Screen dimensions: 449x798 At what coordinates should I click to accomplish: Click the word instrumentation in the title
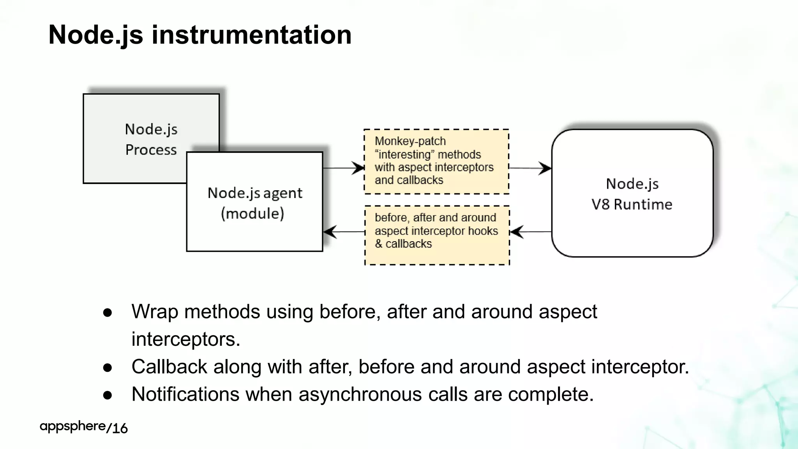tap(251, 35)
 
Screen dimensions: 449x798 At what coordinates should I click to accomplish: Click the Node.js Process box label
tap(151, 140)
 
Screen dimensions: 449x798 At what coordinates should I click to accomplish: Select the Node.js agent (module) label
tap(254, 203)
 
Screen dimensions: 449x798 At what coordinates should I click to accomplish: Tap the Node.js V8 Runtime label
tap(632, 194)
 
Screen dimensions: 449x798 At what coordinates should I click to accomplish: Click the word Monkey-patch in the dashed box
tap(410, 141)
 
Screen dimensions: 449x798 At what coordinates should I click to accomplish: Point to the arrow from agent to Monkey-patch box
tap(343, 168)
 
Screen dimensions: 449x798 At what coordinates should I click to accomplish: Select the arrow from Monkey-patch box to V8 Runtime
tap(530, 168)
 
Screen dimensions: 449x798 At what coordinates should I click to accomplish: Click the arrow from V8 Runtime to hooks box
tap(530, 232)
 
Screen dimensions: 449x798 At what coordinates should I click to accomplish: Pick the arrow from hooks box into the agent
tap(344, 232)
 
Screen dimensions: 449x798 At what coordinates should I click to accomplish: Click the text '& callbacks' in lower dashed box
tap(403, 244)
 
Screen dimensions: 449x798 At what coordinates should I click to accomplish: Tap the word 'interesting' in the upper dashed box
tap(404, 155)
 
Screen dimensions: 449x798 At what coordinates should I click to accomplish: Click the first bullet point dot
tap(108, 313)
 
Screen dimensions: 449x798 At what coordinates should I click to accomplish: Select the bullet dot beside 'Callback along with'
tap(108, 368)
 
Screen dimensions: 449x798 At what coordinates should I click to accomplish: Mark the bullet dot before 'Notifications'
tap(108, 395)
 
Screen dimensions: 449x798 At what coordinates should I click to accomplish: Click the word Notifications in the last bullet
tap(185, 394)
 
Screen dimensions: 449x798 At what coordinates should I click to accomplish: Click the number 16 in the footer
tap(120, 428)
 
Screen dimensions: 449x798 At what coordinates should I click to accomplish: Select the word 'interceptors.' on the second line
tap(185, 339)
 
